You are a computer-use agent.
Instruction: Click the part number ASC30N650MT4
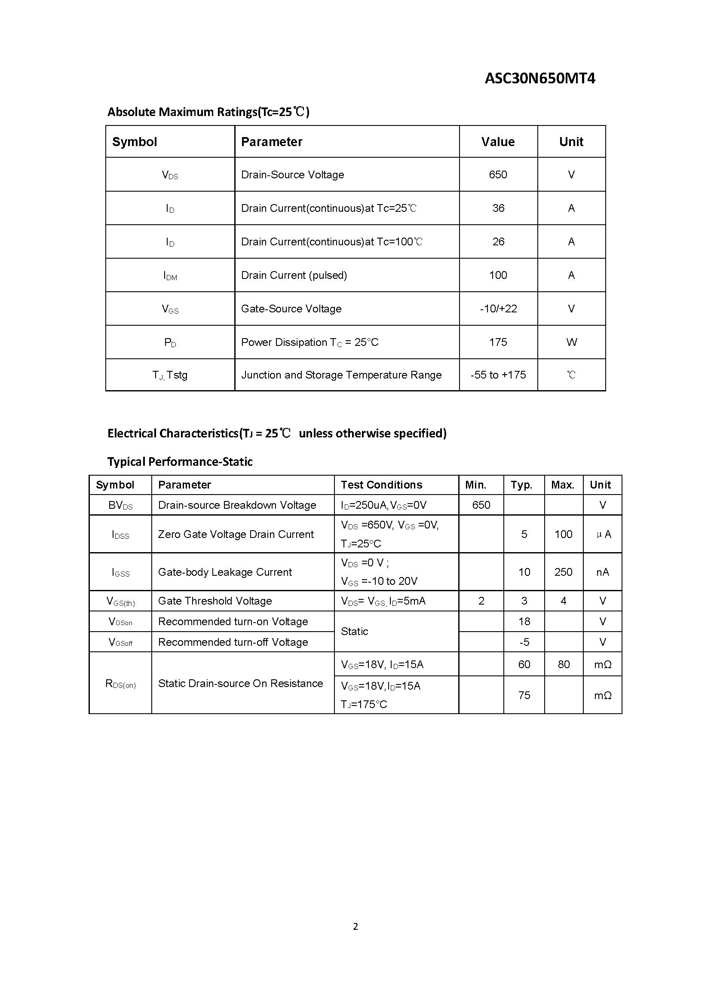click(x=540, y=78)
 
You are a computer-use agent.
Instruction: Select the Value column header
click(x=498, y=142)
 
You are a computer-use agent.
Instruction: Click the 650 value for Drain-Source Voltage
click(x=498, y=174)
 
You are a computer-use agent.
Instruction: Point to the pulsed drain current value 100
click(x=498, y=275)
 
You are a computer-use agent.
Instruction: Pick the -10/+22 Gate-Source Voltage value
click(x=498, y=309)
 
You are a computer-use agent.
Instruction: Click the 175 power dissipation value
click(x=498, y=342)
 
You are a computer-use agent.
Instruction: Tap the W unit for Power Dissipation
click(x=571, y=342)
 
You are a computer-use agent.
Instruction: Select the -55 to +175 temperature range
click(x=498, y=375)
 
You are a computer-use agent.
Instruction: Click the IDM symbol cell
click(x=170, y=276)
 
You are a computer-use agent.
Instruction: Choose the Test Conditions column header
click(x=381, y=485)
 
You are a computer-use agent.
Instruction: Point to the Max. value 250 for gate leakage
click(x=563, y=572)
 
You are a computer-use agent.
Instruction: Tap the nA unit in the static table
click(x=602, y=572)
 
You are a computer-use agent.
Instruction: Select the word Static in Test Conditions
click(x=354, y=631)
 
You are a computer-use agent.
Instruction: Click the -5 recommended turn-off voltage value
click(x=524, y=642)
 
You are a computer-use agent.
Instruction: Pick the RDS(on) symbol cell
click(x=120, y=684)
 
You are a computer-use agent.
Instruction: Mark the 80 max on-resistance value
click(x=564, y=664)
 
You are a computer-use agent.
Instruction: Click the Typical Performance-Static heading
click(x=180, y=462)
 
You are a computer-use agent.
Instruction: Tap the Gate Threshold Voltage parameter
click(x=215, y=601)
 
